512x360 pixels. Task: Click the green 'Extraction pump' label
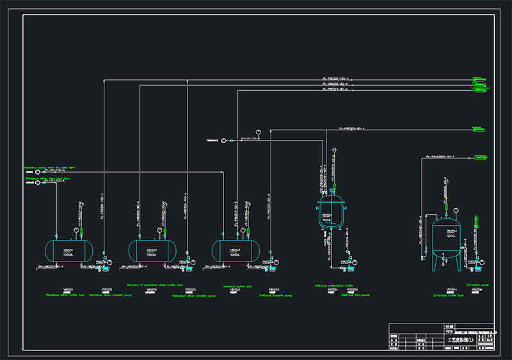point(477,285)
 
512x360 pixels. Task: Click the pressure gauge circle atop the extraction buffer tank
point(455,210)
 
